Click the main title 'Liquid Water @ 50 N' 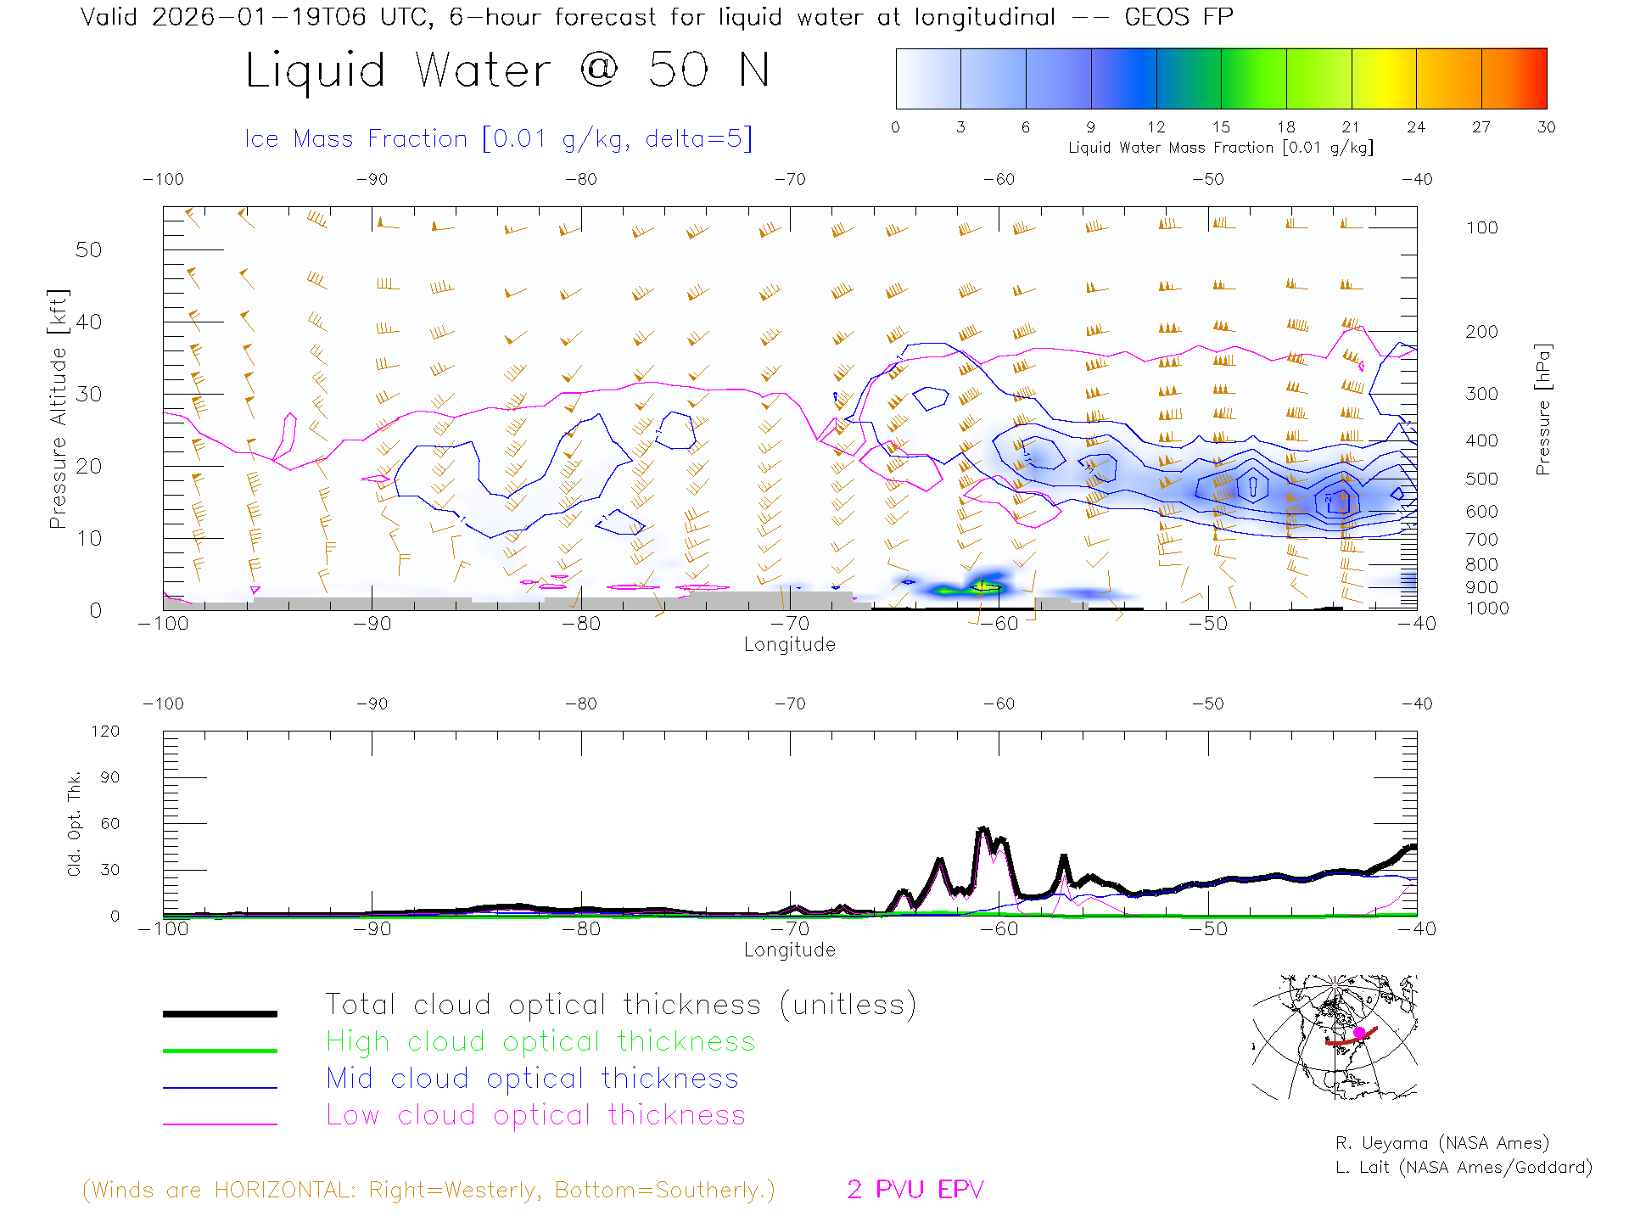click(x=507, y=70)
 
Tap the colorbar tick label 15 click(x=1221, y=127)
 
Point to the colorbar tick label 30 click(x=1546, y=127)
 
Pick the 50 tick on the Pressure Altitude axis click(x=88, y=249)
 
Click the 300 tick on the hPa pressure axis click(x=1481, y=394)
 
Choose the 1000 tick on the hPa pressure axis click(x=1486, y=608)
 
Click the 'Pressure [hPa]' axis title click(x=1543, y=409)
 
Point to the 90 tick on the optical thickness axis click(x=109, y=777)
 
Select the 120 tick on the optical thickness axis click(x=105, y=732)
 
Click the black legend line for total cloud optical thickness click(x=220, y=1013)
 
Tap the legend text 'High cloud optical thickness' click(x=540, y=1041)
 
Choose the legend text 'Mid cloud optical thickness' click(x=532, y=1079)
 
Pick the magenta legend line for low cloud click(x=220, y=1124)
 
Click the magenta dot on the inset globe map click(x=1359, y=1032)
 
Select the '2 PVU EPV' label click(x=915, y=1190)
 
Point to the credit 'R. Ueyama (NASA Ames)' click(x=1441, y=1143)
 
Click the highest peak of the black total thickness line click(x=983, y=828)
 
